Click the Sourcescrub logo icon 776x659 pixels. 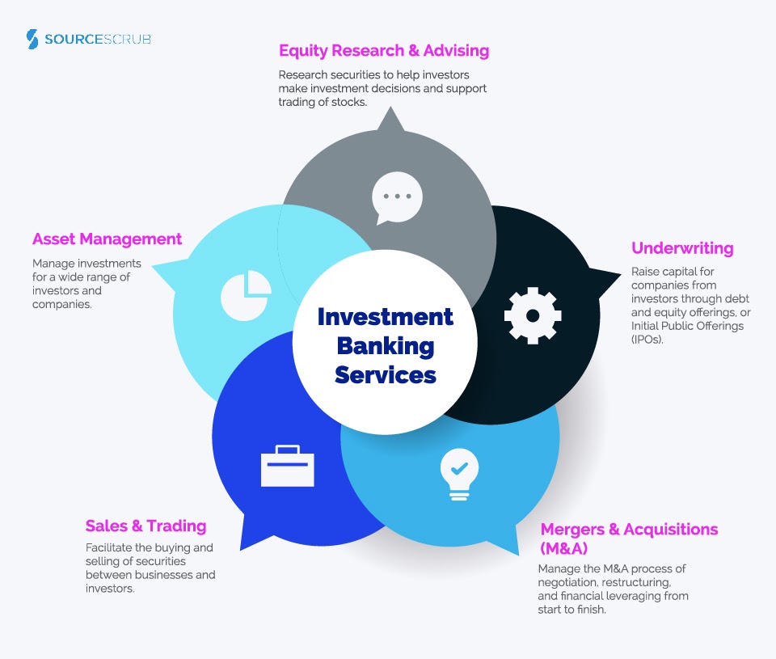pyautogui.click(x=32, y=39)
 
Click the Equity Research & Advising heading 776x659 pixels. pyautogui.click(x=384, y=50)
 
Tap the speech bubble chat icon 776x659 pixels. pyautogui.click(x=397, y=196)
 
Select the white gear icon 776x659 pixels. pyautogui.click(x=532, y=315)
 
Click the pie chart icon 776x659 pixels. pyautogui.click(x=246, y=294)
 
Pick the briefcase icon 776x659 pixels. pyautogui.click(x=287, y=466)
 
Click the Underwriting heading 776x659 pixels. pyautogui.click(x=682, y=248)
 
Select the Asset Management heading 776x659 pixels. pyautogui.click(x=107, y=239)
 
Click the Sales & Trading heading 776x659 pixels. pyautogui.click(x=146, y=526)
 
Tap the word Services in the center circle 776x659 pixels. pyautogui.click(x=386, y=375)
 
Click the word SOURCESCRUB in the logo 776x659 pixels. pyautogui.click(x=99, y=39)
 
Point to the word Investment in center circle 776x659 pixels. pyautogui.click(x=386, y=316)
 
